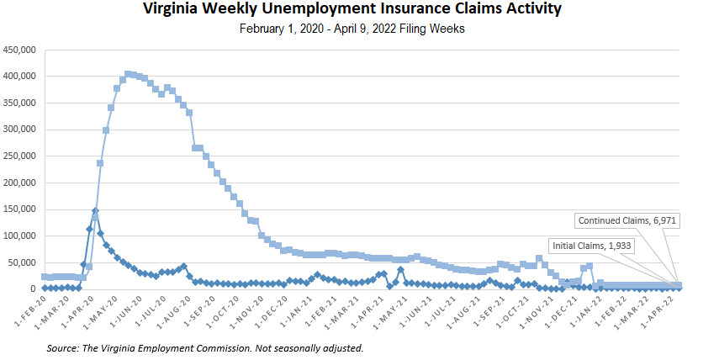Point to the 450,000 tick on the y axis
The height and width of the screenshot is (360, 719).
(19, 50)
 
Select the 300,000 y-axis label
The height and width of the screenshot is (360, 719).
(19, 130)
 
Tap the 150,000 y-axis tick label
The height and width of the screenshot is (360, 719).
(19, 209)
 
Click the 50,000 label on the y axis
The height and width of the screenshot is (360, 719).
(21, 262)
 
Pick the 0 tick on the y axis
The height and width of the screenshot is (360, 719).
(33, 289)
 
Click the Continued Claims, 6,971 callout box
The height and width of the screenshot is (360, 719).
(627, 220)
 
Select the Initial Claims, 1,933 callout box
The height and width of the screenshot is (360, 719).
(591, 246)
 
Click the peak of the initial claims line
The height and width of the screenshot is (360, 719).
(95, 210)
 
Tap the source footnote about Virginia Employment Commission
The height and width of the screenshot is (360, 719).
(205, 347)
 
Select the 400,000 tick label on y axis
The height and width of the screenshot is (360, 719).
(19, 77)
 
